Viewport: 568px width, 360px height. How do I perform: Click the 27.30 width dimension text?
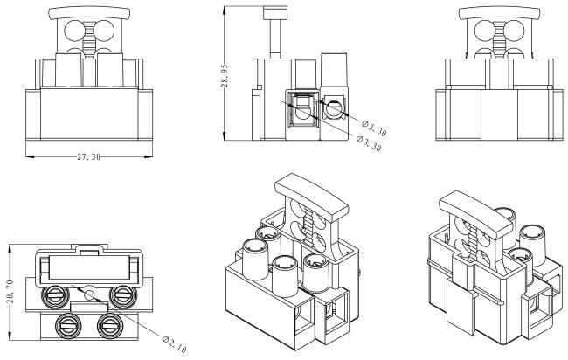click(x=89, y=157)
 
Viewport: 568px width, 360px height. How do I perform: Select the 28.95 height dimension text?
click(x=225, y=76)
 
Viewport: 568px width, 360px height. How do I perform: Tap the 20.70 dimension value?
click(x=10, y=292)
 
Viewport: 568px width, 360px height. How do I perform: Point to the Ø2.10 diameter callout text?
click(x=174, y=344)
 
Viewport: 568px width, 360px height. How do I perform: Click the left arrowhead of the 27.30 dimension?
click(x=30, y=156)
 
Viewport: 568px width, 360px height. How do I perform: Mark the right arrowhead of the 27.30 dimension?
click(x=149, y=156)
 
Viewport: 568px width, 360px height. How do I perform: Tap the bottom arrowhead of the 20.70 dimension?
click(x=10, y=336)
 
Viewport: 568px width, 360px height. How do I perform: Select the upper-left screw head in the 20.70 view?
click(x=56, y=296)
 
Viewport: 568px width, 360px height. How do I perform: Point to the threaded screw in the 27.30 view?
click(x=89, y=37)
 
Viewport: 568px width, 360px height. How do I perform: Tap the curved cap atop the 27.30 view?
click(x=89, y=13)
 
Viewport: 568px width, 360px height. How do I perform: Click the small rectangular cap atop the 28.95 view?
click(x=275, y=13)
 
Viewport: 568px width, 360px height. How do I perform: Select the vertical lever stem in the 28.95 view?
click(x=275, y=38)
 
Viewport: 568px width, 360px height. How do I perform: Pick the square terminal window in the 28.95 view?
click(x=302, y=109)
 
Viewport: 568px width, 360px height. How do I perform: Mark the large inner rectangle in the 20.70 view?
click(x=89, y=267)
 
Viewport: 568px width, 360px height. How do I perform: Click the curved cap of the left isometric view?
click(x=312, y=197)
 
